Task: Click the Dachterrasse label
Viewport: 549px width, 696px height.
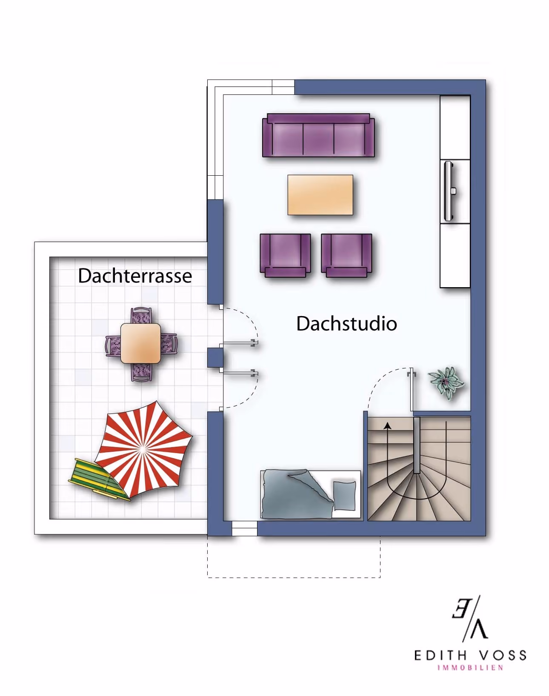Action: (135, 276)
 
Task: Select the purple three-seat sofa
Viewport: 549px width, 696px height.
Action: (318, 135)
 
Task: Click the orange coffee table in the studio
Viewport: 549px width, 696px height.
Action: (320, 195)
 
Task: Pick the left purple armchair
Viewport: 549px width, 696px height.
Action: (285, 256)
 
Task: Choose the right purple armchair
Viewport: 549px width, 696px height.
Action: (346, 256)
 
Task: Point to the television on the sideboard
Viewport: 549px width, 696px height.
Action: (449, 191)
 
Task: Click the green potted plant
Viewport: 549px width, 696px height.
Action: (446, 382)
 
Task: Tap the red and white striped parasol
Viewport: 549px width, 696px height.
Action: (143, 449)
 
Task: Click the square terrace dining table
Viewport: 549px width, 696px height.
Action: (140, 343)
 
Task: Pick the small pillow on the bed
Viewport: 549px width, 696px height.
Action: (345, 496)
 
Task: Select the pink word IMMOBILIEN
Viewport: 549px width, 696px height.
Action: (470, 668)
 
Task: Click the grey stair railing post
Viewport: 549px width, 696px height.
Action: (417, 445)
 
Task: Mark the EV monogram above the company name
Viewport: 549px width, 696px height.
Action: (470, 619)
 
